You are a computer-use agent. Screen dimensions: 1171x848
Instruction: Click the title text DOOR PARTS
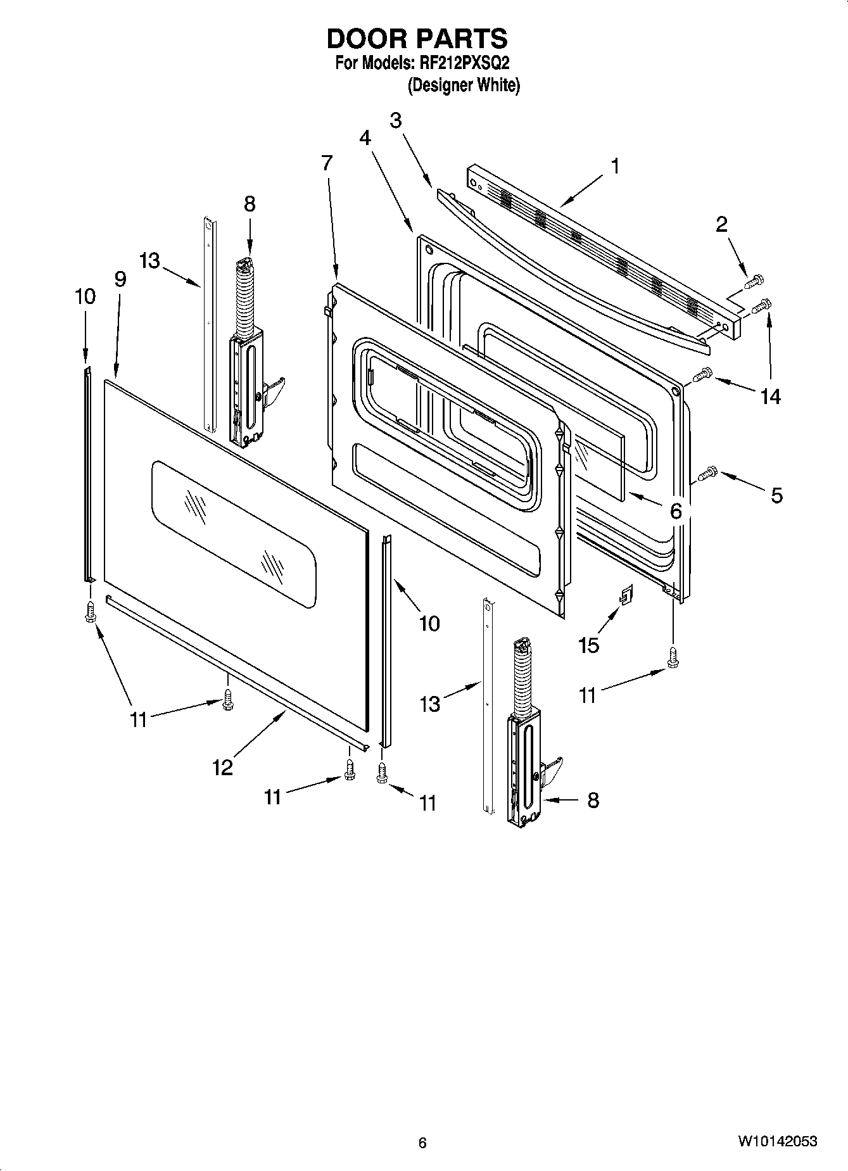pyautogui.click(x=417, y=39)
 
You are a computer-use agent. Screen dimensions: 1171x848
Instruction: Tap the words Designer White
pyautogui.click(x=463, y=85)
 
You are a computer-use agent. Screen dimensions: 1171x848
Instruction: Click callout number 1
pyautogui.click(x=614, y=167)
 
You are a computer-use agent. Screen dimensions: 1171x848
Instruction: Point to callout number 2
pyautogui.click(x=721, y=224)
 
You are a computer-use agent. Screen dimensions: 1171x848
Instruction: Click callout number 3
pyautogui.click(x=396, y=120)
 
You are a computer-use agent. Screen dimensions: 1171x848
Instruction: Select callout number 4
pyautogui.click(x=365, y=138)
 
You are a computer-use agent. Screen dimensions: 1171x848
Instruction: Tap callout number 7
pyautogui.click(x=326, y=163)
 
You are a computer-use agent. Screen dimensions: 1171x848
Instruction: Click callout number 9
pyautogui.click(x=120, y=279)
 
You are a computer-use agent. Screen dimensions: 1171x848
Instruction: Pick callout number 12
pyautogui.click(x=223, y=768)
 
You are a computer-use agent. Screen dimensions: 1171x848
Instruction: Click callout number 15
pyautogui.click(x=588, y=645)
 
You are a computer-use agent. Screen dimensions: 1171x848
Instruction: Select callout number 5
pyautogui.click(x=776, y=495)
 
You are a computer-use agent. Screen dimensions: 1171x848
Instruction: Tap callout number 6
pyautogui.click(x=676, y=511)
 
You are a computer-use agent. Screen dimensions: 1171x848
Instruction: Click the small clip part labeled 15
pyautogui.click(x=626, y=595)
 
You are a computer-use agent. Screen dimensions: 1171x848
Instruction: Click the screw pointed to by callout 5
pyautogui.click(x=707, y=472)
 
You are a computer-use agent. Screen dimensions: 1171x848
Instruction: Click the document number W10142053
pyautogui.click(x=777, y=1142)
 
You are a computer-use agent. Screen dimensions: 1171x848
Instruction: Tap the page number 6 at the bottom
pyautogui.click(x=422, y=1143)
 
